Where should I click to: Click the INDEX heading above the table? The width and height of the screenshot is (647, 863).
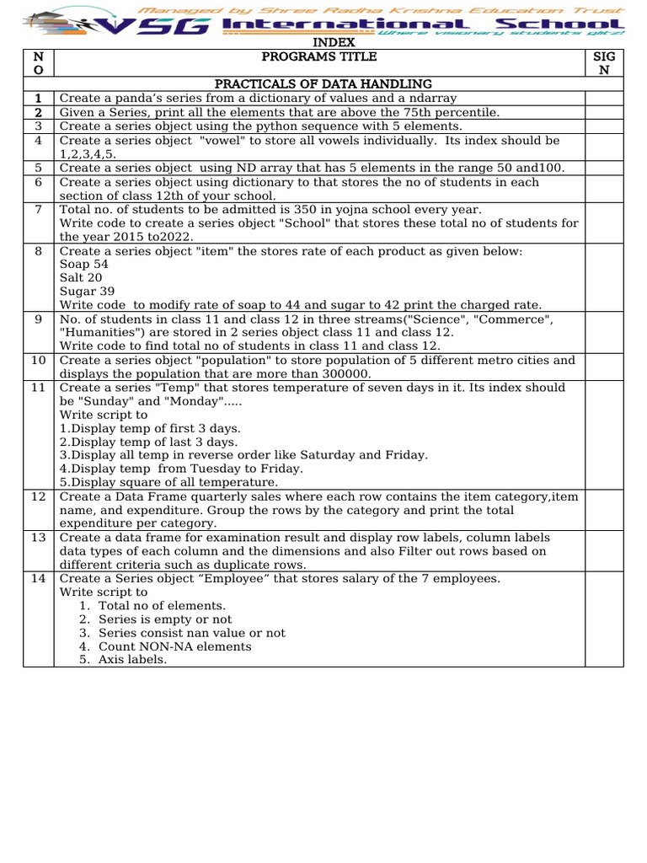[334, 43]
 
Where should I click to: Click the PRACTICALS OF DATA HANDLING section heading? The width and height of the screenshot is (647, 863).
[323, 84]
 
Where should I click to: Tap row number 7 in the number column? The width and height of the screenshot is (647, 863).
[38, 209]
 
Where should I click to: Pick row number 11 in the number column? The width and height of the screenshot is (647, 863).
[38, 388]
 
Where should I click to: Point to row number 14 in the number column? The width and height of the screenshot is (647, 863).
[38, 578]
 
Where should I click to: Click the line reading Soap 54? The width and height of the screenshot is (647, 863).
[83, 264]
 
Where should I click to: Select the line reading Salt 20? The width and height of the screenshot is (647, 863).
[81, 277]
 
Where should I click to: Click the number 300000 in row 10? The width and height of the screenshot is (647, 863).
[341, 373]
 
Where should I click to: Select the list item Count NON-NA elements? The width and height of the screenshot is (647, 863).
[174, 646]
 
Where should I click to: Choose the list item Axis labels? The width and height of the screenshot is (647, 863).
[132, 660]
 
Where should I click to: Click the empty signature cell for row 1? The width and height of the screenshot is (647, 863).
[603, 98]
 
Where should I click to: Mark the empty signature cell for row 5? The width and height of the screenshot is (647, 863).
[603, 168]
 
